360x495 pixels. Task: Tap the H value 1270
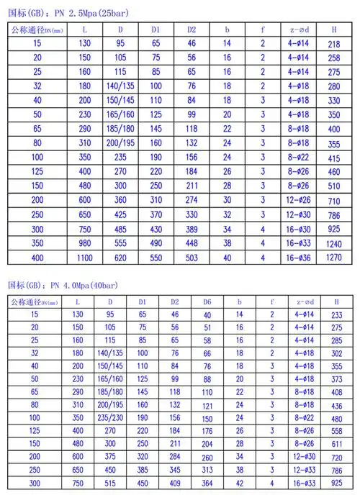tap(334, 258)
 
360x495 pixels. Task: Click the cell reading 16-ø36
tap(298, 257)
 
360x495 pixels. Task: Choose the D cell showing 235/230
tap(110, 417)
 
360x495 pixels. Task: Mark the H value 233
tap(334, 315)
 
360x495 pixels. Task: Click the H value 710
tap(334, 200)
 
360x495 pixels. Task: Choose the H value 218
tap(334, 45)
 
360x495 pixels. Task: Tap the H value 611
tap(334, 444)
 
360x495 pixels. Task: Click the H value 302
tap(334, 354)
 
